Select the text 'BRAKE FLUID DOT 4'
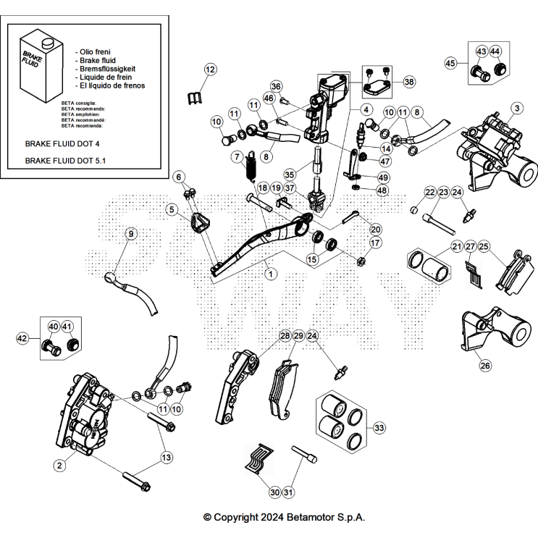point(62,144)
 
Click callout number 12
point(210,70)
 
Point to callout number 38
point(409,82)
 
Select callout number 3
point(516,109)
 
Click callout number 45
point(450,64)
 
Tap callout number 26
point(485,366)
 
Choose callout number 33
point(379,428)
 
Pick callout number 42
point(22,337)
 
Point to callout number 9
point(130,233)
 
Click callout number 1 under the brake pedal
point(269,274)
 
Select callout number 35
point(289,174)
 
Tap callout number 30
point(274,492)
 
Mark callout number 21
point(457,247)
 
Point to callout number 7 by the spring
point(237,156)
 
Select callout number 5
point(172,210)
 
